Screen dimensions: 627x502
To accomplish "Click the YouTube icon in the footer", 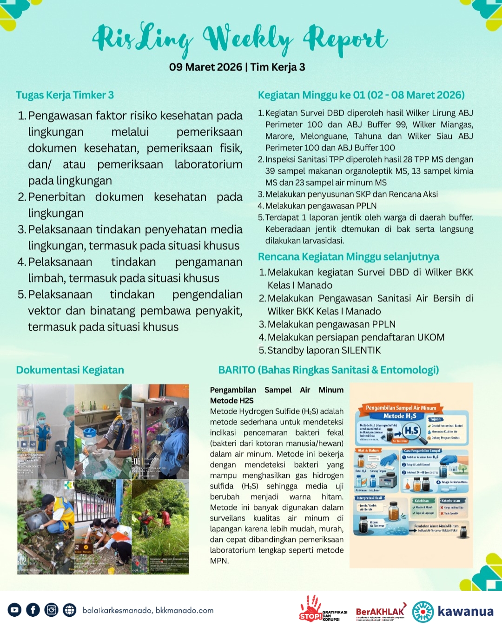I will click(14, 610).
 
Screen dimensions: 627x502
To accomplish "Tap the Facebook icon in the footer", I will click(33, 610).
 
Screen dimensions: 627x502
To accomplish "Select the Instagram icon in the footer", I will click(51, 610).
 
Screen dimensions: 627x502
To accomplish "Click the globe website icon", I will click(70, 610).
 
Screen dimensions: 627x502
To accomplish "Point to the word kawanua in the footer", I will click(465, 611).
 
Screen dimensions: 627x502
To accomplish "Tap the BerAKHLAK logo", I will click(380, 612).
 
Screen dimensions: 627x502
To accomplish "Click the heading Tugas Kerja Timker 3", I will click(65, 95).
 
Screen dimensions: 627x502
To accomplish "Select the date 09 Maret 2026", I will click(205, 67).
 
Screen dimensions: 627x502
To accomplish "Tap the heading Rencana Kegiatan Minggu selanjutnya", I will click(349, 257).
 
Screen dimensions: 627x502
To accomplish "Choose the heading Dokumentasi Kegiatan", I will click(70, 370).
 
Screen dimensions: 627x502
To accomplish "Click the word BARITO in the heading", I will click(237, 370).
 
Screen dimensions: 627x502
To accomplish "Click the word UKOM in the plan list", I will click(431, 337).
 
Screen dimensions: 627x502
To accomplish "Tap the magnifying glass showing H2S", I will click(412, 431).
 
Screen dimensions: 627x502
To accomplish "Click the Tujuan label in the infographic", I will click(435, 419).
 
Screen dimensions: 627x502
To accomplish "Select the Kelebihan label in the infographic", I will click(422, 501).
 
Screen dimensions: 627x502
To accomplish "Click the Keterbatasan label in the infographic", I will click(450, 501).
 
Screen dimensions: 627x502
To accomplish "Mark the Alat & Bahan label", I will click(368, 451).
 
